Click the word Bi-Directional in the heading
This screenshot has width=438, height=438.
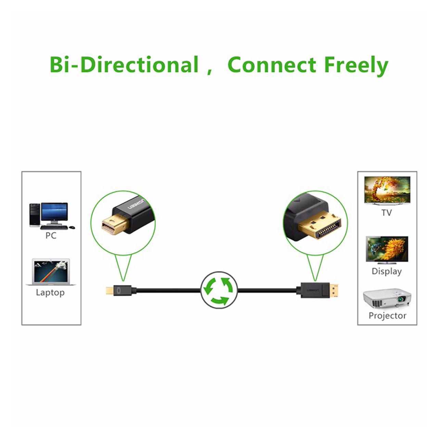pos(124,65)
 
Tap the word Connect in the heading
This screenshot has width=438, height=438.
pos(272,65)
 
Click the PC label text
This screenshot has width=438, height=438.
pos(51,235)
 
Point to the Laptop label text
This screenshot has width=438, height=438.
pos(50,292)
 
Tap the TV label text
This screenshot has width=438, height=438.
pos(386,213)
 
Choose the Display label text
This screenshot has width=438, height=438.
pos(387,271)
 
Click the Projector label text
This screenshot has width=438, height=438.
pos(387,316)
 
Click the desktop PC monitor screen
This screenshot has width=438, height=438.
pos(54,212)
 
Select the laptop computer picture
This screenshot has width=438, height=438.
pos(51,272)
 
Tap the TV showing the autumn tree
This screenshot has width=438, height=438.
pos(387,190)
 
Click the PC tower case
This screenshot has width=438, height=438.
pos(35,215)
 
